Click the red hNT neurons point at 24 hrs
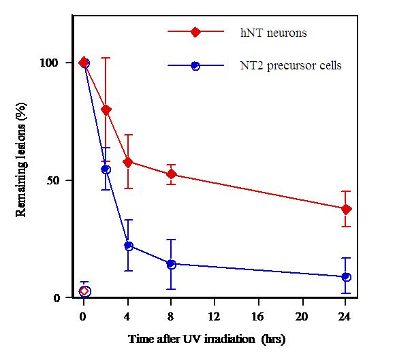point(346,209)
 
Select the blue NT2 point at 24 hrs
point(346,277)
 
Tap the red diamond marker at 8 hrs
point(172,174)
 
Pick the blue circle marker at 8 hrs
point(172,264)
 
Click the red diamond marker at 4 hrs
point(128,162)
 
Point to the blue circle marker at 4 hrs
point(128,246)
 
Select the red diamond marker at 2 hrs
point(106,110)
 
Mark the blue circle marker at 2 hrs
point(106,169)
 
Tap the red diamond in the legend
point(195,31)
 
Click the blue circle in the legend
point(195,66)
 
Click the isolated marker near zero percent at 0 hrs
point(84,291)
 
